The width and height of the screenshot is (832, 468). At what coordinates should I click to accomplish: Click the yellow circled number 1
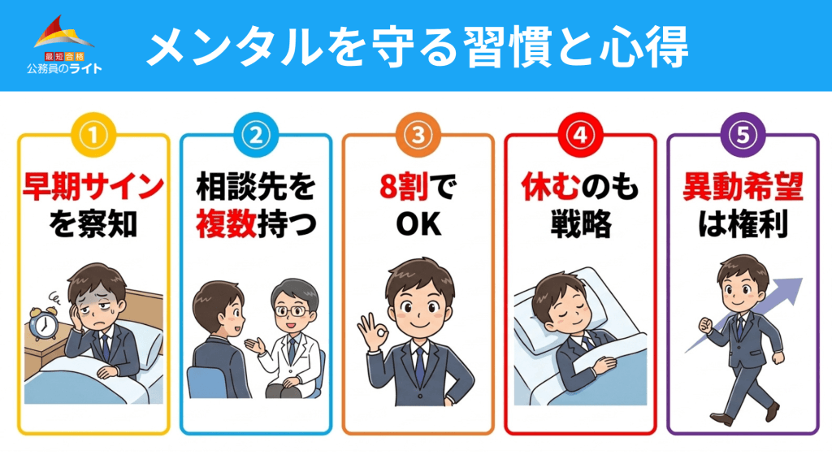tap(93, 134)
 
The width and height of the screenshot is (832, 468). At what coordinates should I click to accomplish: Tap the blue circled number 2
tap(255, 134)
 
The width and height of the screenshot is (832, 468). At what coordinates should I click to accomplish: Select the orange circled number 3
tap(418, 134)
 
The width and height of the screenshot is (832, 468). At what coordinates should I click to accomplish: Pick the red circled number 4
tap(580, 134)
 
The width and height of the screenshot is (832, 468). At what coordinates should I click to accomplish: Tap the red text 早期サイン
tap(93, 188)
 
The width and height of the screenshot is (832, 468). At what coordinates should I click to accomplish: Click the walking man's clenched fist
tap(705, 324)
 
